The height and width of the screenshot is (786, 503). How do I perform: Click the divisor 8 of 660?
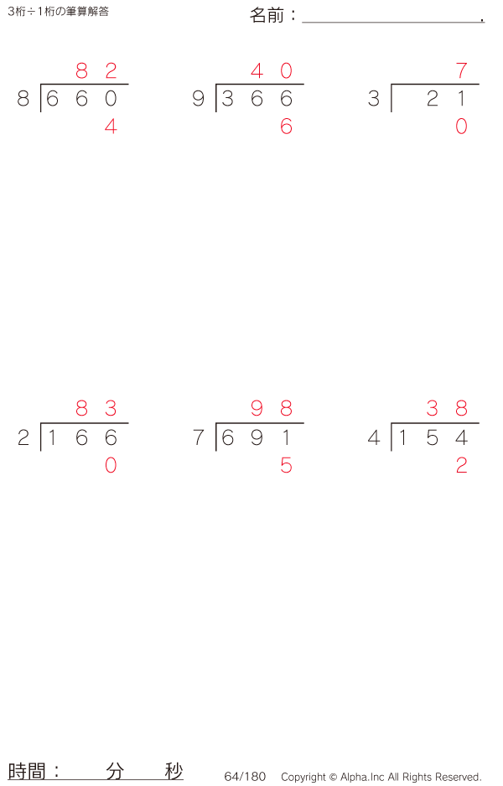[23, 99]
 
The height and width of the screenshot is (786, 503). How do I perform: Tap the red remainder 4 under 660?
[111, 127]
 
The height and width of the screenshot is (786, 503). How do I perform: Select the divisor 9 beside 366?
[199, 99]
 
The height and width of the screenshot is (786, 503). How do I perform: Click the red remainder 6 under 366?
[286, 127]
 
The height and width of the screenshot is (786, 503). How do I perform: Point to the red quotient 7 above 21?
[461, 71]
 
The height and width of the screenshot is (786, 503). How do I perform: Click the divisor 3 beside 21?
[374, 99]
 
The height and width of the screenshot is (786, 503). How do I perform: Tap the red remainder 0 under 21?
[461, 127]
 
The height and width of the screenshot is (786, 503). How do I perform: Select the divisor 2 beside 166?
[23, 438]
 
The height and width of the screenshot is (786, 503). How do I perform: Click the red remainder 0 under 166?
[111, 466]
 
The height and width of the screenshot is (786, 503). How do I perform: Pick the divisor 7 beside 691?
[199, 438]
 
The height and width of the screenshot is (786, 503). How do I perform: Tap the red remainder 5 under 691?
[286, 466]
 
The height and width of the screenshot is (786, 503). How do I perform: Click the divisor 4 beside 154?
[374, 438]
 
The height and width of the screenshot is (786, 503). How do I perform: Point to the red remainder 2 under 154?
[461, 466]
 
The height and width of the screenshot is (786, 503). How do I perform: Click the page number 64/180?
[245, 777]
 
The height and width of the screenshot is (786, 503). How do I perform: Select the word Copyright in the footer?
[303, 777]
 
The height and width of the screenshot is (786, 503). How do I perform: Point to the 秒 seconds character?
[174, 771]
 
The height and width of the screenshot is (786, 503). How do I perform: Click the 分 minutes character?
[115, 771]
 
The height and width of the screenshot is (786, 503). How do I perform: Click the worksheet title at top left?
[58, 12]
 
